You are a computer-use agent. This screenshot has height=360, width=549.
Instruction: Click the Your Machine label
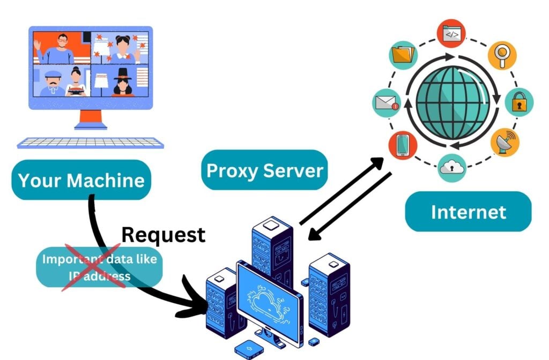coord(81,180)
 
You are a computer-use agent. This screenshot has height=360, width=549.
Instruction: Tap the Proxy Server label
coord(265,170)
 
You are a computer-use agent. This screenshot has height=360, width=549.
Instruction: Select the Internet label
coord(468,212)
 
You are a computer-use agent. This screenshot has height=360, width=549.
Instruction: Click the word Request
coord(163,234)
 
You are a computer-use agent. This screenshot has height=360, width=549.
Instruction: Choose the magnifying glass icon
coord(502,55)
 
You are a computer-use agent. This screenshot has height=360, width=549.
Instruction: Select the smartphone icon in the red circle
coord(403,145)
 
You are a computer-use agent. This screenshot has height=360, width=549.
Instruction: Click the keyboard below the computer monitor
coord(90,142)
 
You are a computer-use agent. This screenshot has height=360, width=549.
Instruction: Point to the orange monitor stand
coord(90,119)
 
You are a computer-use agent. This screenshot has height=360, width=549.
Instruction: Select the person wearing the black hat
coord(123,81)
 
